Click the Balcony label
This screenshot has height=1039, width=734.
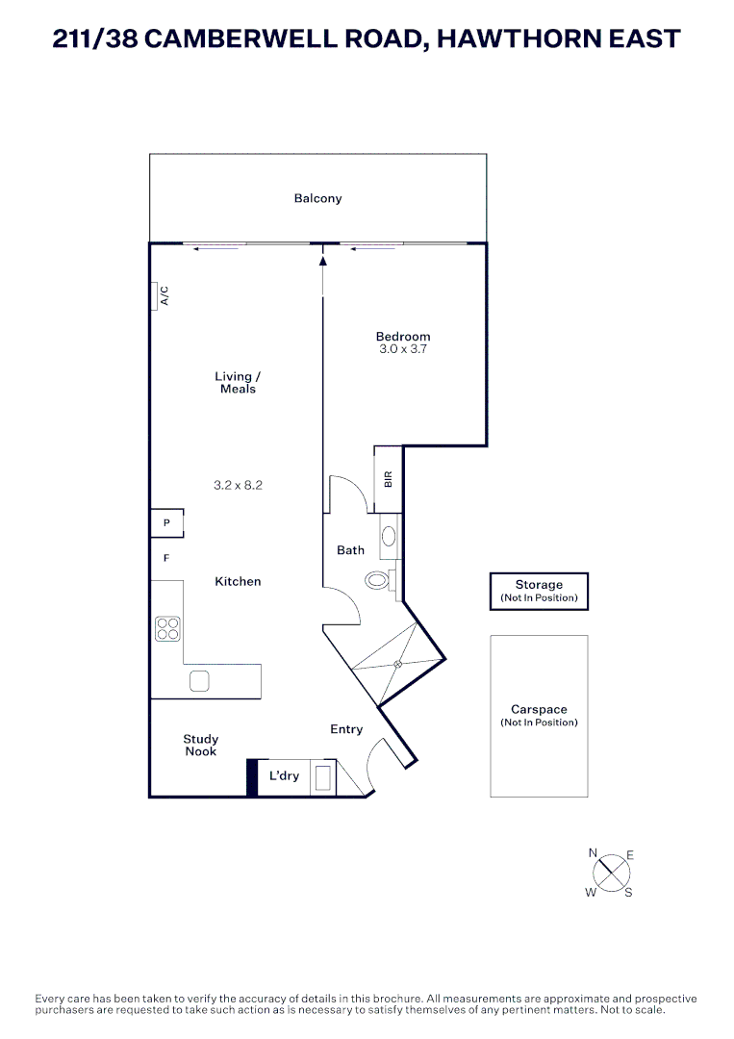tap(317, 199)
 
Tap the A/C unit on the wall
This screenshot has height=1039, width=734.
tap(156, 296)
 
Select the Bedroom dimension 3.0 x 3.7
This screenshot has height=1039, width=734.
tap(403, 350)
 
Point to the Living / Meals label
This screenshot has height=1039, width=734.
tap(238, 383)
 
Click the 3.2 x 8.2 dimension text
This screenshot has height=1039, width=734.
tap(238, 486)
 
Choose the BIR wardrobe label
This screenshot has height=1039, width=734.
tap(388, 478)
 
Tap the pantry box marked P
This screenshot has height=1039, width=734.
tap(166, 523)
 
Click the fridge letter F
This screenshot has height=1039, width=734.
tap(166, 558)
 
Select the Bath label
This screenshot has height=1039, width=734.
tap(350, 550)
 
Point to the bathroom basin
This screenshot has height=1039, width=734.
tap(390, 537)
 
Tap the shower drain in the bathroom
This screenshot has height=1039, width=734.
tap(395, 665)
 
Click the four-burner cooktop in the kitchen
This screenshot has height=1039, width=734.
tap(168, 628)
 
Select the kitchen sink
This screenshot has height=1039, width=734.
tap(199, 681)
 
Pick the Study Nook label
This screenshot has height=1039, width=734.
tap(201, 746)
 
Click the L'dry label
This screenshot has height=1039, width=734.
tap(284, 776)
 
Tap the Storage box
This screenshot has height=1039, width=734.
tap(539, 591)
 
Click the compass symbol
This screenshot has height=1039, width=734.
tap(610, 874)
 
